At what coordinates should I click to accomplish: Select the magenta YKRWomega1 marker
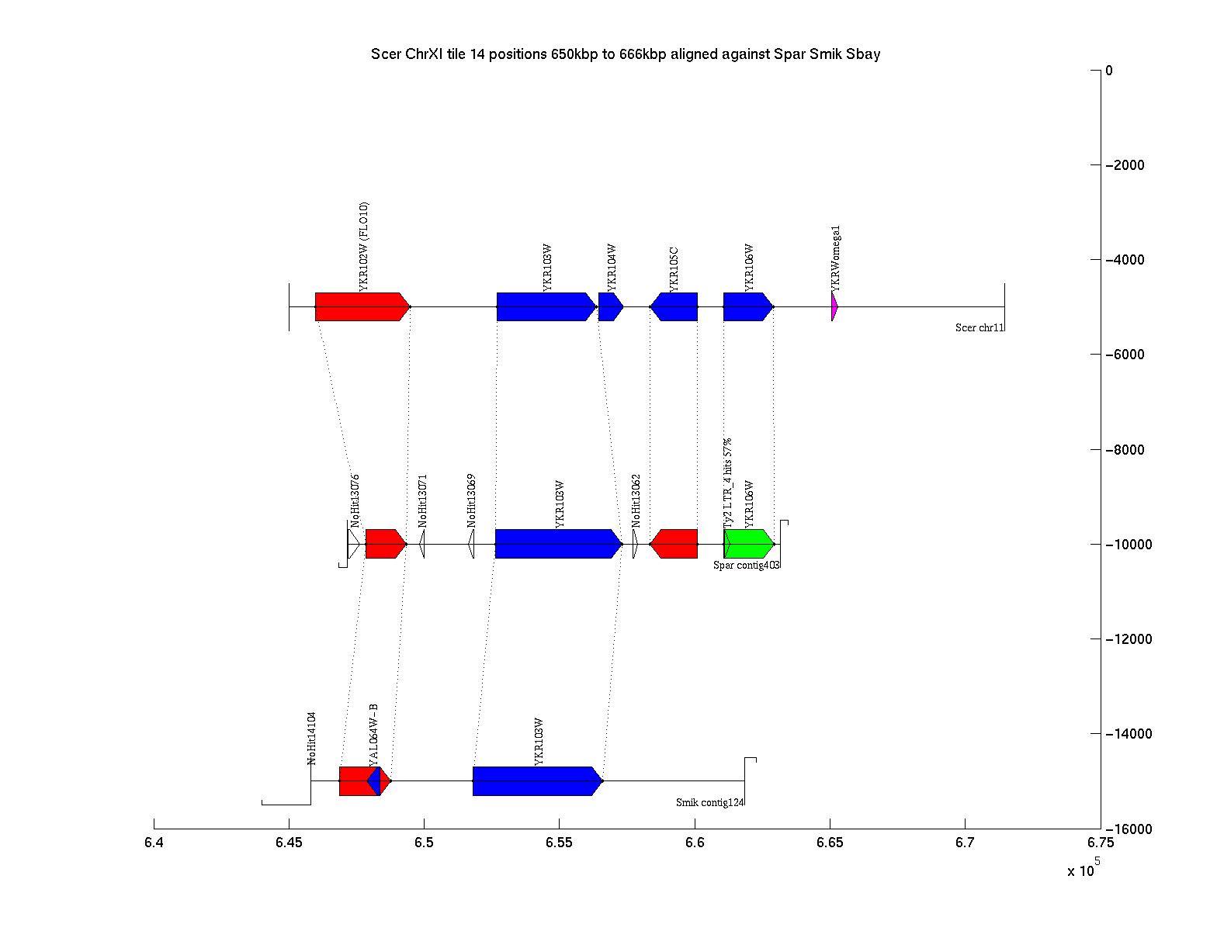pos(834,306)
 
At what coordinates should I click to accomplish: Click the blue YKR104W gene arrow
pos(610,306)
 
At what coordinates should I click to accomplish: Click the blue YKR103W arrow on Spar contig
pos(557,544)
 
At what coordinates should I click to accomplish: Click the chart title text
pos(625,54)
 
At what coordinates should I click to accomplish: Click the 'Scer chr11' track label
pos(979,328)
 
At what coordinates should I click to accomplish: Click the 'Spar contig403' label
pos(747,566)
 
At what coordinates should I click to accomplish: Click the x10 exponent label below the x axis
pos(1084,869)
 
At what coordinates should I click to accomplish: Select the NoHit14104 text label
pos(312,738)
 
